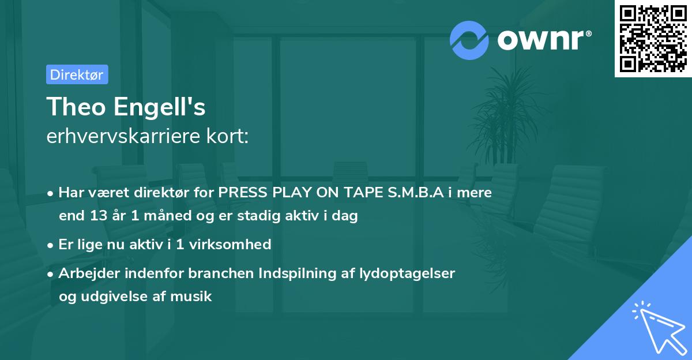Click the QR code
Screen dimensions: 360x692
coord(653,38)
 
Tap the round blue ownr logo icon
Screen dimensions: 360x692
coord(469,40)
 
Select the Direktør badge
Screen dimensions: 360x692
coord(77,74)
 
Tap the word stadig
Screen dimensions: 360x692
coord(264,216)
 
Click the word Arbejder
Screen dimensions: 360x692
coord(86,273)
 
